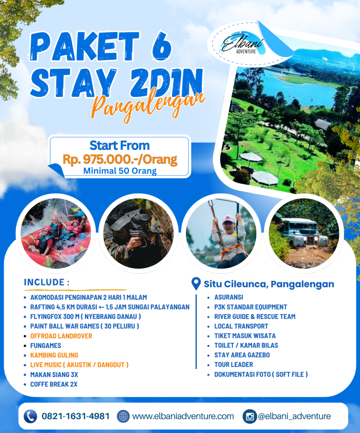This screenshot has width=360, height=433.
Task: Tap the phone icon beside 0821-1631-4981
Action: tap(30, 416)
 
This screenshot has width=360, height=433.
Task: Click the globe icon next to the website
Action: tap(123, 416)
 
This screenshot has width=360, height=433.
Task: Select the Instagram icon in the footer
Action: tap(250, 416)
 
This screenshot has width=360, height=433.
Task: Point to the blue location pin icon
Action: tap(196, 284)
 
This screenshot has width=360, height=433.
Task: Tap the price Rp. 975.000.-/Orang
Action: tap(120, 159)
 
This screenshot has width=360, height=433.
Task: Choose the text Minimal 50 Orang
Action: tap(120, 171)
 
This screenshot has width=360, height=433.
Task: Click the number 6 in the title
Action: tap(161, 46)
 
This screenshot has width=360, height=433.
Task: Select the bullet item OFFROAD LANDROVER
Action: tap(61, 336)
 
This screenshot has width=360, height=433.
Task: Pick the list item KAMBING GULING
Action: tap(54, 355)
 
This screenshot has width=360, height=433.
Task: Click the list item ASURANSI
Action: tap(229, 297)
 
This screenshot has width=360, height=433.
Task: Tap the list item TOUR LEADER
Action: tap(234, 365)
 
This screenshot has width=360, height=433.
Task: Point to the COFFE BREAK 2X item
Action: tap(54, 384)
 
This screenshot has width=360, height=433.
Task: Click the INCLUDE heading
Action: tap(47, 282)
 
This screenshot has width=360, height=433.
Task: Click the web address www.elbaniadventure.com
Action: tap(183, 417)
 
